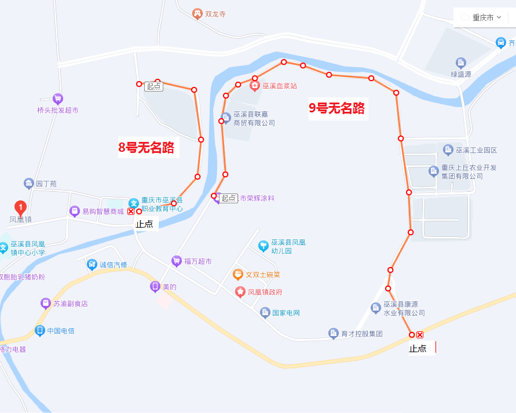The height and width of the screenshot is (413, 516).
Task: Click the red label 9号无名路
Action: pyautogui.click(x=337, y=108)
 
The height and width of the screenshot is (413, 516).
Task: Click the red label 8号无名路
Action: pyautogui.click(x=147, y=148)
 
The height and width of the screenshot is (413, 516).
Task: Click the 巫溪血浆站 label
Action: pyautogui.click(x=280, y=86)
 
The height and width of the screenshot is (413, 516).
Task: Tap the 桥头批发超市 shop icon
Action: pyautogui.click(x=57, y=98)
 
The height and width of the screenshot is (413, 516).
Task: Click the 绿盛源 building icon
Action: pyautogui.click(x=461, y=63)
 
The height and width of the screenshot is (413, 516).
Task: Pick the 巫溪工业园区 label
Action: pyautogui.click(x=476, y=151)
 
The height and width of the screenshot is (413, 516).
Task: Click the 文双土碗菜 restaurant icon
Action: pyautogui.click(x=237, y=275)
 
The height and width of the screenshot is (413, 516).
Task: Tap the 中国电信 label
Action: pyautogui.click(x=61, y=331)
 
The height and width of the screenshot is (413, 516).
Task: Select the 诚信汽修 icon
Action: pyautogui.click(x=92, y=265)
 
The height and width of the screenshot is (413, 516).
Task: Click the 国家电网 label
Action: pyautogui.click(x=286, y=313)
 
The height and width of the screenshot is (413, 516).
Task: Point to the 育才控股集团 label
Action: pyautogui.click(x=362, y=334)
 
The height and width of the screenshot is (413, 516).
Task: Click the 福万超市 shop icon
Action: pyautogui.click(x=177, y=261)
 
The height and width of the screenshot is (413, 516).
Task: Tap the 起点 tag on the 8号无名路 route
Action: pyautogui.click(x=153, y=86)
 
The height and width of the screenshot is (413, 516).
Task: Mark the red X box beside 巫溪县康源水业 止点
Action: pyautogui.click(x=420, y=335)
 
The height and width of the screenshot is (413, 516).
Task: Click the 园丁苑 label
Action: pyautogui.click(x=46, y=184)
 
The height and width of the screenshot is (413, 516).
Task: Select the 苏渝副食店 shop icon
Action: pyautogui.click(x=45, y=303)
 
